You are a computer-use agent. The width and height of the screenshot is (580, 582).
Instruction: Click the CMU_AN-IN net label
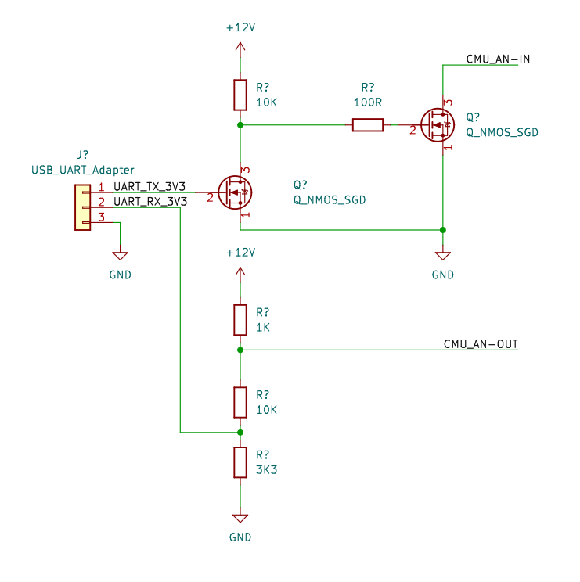499,59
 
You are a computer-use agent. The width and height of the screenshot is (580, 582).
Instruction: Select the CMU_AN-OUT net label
481,344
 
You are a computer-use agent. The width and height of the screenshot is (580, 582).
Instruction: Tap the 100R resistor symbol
368,124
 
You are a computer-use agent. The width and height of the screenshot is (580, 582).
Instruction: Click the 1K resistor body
240,320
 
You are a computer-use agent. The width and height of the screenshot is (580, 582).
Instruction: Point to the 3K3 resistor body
240,462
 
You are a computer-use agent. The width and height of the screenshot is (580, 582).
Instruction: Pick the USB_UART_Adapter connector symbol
82,207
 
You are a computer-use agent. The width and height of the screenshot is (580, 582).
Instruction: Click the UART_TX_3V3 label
150,187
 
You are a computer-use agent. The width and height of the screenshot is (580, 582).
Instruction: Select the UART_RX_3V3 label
150,202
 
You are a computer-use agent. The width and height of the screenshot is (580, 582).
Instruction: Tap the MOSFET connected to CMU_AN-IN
437,124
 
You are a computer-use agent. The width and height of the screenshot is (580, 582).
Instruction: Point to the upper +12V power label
240,27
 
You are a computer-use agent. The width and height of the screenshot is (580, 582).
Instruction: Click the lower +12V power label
240,253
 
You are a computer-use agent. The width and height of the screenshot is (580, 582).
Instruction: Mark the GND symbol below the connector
120,257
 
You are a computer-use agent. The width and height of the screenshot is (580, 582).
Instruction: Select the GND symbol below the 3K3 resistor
240,519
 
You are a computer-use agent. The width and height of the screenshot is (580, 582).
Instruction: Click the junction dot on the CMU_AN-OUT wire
240,350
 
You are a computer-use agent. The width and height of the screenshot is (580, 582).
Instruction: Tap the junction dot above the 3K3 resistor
240,432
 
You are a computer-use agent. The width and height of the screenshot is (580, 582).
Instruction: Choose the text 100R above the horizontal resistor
368,102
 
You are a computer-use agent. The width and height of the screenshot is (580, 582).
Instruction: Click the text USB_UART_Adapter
82,170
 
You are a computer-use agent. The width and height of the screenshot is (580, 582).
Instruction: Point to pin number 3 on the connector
101,217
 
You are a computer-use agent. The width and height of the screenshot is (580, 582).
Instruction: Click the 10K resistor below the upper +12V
240,95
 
